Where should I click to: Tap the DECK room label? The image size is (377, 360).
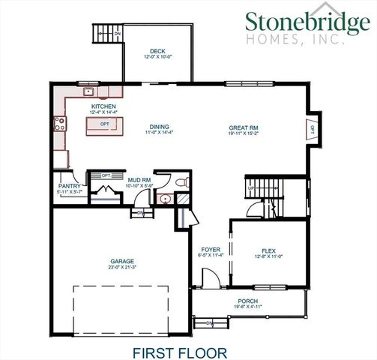click(158, 49)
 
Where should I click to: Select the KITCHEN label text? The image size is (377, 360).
click(103, 106)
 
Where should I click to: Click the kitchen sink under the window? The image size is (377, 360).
click(88, 93)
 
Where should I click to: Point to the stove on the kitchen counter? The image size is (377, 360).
click(58, 123)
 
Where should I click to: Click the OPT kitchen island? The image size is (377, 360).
click(105, 124)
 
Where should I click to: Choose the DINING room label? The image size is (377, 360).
click(158, 127)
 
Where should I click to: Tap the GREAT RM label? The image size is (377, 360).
click(244, 127)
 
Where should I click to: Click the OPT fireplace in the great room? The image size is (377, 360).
click(312, 130)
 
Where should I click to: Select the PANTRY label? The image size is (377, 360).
click(69, 187)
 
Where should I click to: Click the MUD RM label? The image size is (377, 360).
click(139, 181)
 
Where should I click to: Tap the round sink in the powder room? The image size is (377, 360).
click(165, 199)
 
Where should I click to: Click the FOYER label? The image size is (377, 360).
click(211, 250)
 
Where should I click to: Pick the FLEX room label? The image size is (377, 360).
click(268, 250)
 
